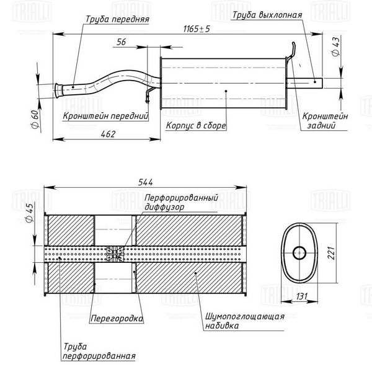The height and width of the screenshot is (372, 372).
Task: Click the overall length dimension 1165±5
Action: coord(197,29)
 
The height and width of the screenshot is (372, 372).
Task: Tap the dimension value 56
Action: coord(122,42)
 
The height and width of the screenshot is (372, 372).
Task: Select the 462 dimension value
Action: coord(108,134)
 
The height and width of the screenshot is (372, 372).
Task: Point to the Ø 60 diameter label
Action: coord(35,119)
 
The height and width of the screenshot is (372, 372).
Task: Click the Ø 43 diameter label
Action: coord(336,47)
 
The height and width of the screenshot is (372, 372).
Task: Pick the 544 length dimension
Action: coord(146,182)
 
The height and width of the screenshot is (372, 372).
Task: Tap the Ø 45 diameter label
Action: coord(29,213)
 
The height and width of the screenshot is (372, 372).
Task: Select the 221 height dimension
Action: coord(331,253)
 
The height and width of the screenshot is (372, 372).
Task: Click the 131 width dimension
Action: coord(302,296)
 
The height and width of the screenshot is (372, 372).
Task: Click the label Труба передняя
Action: coord(117,19)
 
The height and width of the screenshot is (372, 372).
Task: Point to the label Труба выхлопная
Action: coord(267,15)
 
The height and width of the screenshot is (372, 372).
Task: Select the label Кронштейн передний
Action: coord(105,116)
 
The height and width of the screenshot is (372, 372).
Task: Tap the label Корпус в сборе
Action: coord(196,125)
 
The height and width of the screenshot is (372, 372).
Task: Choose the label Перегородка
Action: coord(117,319)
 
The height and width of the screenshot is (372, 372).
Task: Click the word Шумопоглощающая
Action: coord(245,316)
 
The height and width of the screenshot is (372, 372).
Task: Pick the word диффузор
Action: coord(164,207)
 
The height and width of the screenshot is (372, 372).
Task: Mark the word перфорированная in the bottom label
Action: coord(99,356)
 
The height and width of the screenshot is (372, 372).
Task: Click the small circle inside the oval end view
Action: coord(299,253)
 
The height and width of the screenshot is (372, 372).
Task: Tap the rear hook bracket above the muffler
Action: coord(291,51)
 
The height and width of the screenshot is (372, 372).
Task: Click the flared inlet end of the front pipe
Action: coord(58,90)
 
